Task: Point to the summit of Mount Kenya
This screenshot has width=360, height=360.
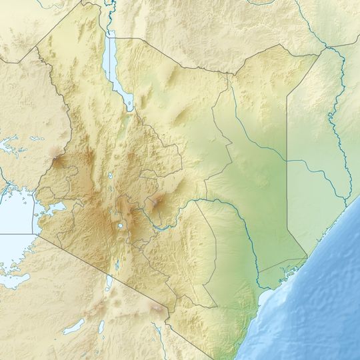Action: coord(157,200)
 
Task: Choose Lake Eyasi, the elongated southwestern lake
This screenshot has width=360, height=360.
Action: coord(73,327)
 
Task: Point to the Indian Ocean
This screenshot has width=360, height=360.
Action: coord(320,300)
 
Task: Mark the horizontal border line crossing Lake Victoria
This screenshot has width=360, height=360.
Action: coord(17,234)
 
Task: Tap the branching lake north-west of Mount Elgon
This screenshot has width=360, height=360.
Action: coord(13,143)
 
